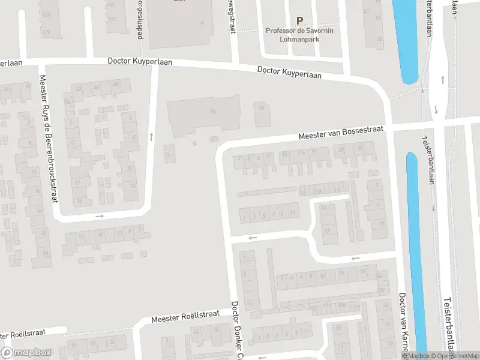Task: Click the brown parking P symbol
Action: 299,20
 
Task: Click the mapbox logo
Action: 26,353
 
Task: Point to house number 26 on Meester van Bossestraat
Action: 361,148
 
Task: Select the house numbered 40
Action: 28,87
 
